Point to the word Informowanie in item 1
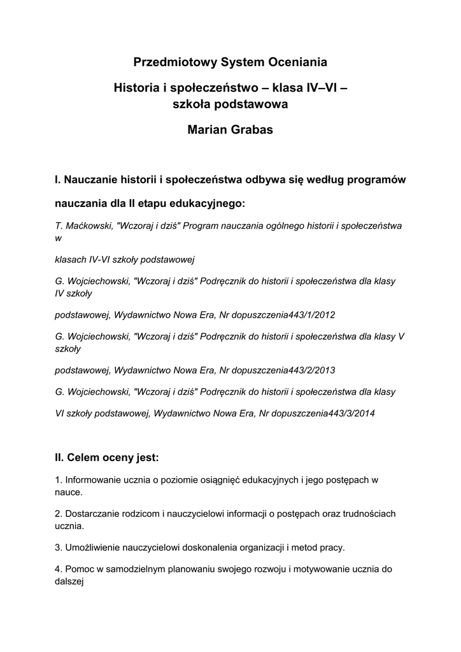click(92, 478)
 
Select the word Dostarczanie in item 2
click(92, 513)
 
